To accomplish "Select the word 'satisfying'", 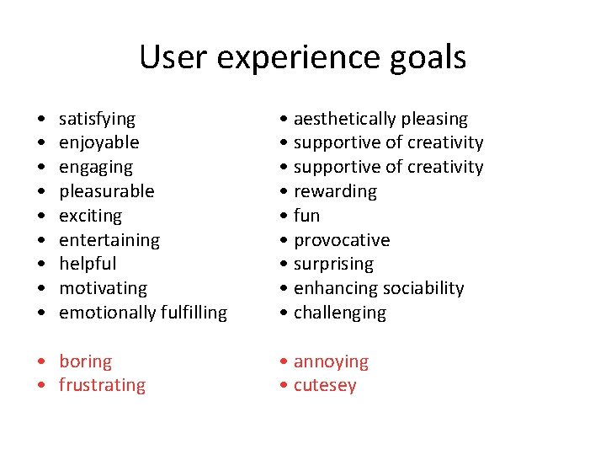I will coord(97,119).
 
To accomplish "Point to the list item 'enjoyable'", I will coord(98,143).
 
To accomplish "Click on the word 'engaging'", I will coord(95,168).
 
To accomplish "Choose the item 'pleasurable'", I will coord(106,191).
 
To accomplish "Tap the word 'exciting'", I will coord(90,216).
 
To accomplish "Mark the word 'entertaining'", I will coord(109,240).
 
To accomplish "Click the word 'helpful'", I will coord(88,264).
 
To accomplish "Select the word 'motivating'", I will coord(103,288).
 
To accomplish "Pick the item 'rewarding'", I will coord(335,191).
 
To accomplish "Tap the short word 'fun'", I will coord(306,216).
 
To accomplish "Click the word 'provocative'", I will coord(341,240).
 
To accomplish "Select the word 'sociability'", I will coord(422,288).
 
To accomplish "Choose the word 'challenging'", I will coord(339,313).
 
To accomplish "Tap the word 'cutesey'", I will coord(325,386).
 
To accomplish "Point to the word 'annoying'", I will coord(331,361).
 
